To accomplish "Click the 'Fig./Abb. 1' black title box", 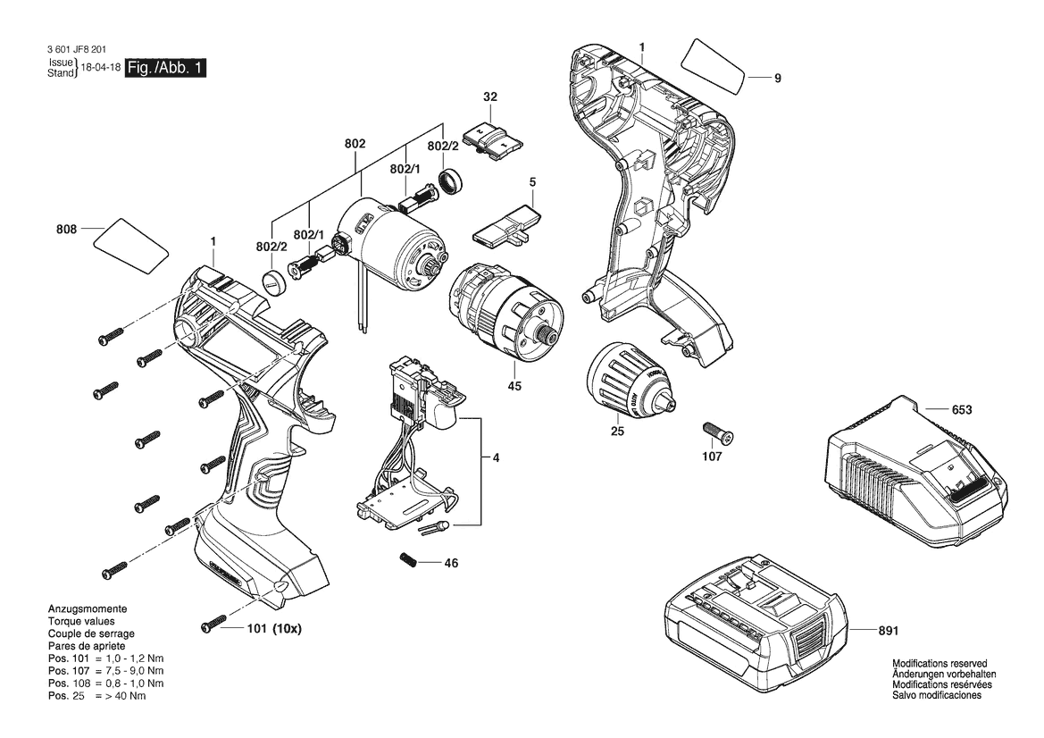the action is point(166,68).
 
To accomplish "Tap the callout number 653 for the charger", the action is point(962,409).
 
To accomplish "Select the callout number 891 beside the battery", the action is point(889,630).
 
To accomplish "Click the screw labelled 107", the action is point(718,433).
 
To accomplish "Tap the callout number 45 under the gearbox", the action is point(514,386).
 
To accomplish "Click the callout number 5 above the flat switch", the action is point(532,182).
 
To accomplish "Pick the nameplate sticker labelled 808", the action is point(130,245).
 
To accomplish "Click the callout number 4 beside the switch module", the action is point(496,457).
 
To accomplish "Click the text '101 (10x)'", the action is point(274,628).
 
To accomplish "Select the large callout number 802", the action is point(355,143).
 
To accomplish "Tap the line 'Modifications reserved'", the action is point(940,664).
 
